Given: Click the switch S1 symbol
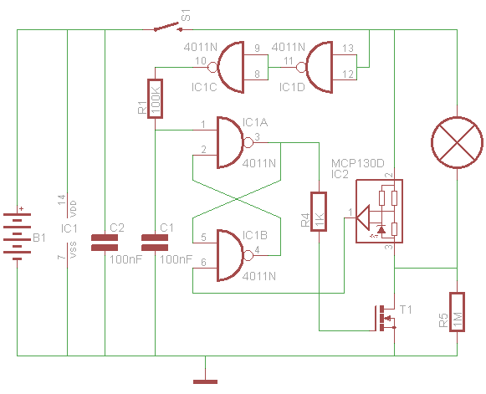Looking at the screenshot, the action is tap(167, 27).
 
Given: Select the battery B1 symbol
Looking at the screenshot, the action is tap(17, 233).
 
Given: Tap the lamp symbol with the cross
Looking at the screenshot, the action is tap(457, 142).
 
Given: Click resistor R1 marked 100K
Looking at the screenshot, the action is tap(155, 99).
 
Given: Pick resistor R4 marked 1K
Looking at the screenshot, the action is tap(319, 212).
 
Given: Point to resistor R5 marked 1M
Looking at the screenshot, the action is tap(457, 312).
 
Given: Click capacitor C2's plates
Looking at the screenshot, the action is tap(105, 243).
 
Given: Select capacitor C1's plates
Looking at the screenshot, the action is tap(155, 243).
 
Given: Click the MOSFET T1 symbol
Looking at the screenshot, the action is tap(385, 319).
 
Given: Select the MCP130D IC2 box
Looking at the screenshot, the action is tap(379, 211).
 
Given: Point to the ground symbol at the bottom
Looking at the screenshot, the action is tap(205, 382).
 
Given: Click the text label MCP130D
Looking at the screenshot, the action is tap(358, 163).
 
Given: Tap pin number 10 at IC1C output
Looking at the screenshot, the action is tap(201, 60).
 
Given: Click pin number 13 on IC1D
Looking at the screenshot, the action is tap(348, 48).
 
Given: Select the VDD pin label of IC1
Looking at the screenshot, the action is tap(74, 208).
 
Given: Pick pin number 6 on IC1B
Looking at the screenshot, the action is tap(203, 263).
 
